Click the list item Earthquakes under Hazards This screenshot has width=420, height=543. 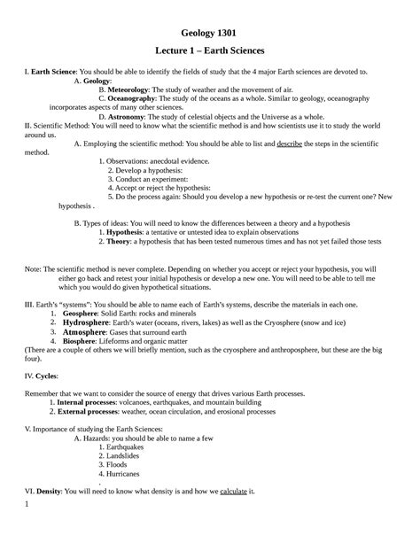point(132,446)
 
